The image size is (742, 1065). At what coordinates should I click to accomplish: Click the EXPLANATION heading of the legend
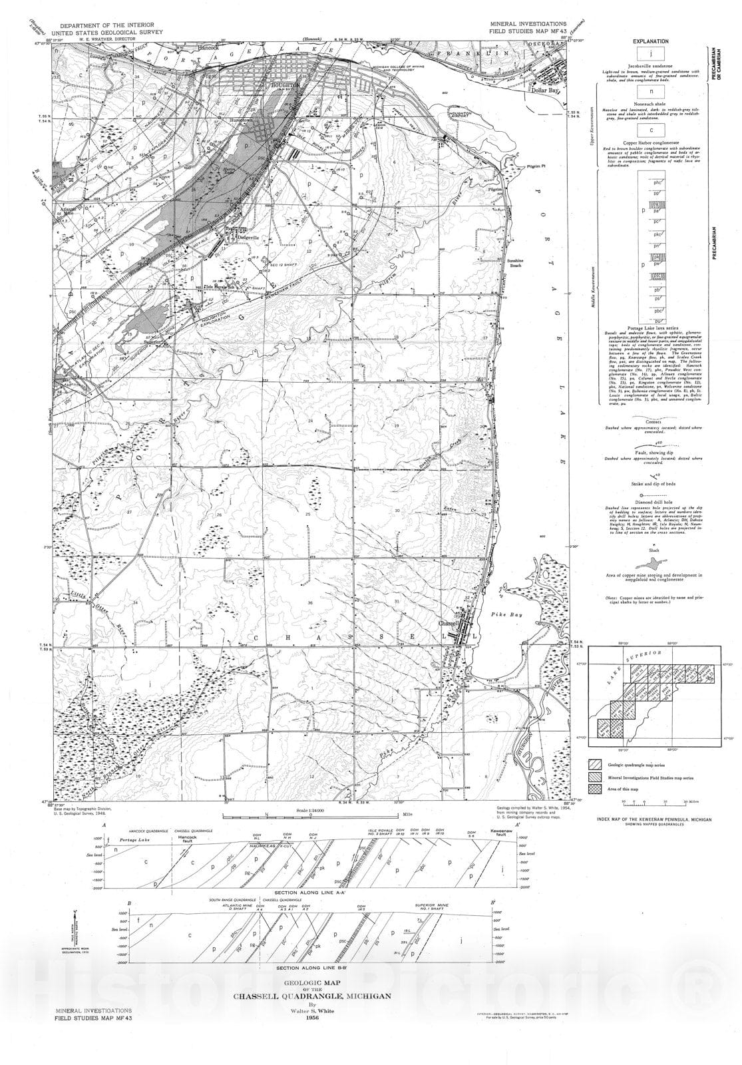650,41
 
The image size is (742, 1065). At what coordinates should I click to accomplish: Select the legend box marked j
650,54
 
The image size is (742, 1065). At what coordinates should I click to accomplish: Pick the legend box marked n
650,92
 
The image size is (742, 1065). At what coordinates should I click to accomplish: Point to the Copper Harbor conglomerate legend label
650,143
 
